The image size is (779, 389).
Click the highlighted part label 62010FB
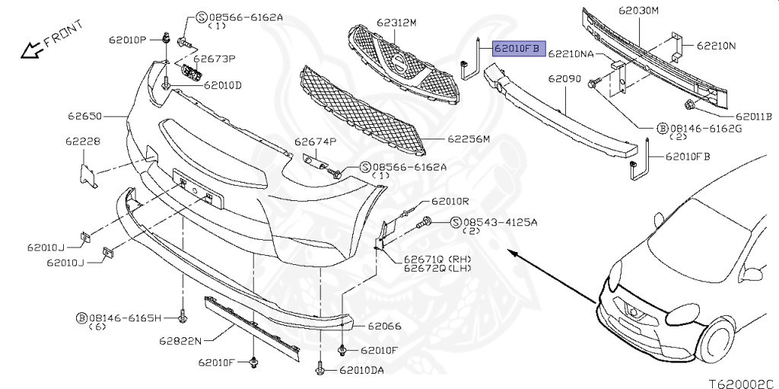(x=516, y=49)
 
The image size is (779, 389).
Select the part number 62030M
(x=640, y=11)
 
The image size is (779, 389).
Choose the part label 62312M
(x=396, y=23)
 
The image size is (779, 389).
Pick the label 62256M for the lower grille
(x=469, y=139)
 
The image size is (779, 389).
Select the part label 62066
(x=384, y=326)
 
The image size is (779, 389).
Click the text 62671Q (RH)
(x=437, y=259)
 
